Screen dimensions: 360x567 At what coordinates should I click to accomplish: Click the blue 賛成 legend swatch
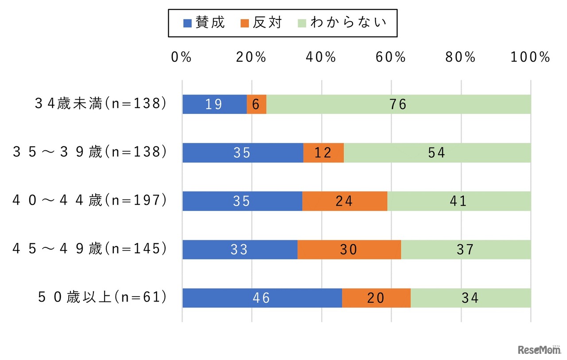187,23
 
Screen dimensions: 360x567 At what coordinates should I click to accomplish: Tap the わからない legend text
348,22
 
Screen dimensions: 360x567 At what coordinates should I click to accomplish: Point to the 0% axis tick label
182,57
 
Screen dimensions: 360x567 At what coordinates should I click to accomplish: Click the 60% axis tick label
391,57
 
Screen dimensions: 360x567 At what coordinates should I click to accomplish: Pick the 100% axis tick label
530,57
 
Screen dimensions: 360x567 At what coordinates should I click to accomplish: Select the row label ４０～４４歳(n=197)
90,201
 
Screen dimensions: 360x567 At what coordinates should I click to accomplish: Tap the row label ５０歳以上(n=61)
102,297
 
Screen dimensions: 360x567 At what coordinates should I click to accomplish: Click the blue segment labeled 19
214,104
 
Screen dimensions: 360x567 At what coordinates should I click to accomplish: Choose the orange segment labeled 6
256,104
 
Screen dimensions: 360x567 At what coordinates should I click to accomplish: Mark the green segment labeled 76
398,104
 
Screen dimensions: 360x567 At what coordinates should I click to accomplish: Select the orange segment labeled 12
323,153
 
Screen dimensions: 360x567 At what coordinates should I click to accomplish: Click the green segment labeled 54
437,153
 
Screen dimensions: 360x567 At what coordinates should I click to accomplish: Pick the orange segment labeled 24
345,201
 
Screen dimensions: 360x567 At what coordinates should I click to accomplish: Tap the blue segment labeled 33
240,250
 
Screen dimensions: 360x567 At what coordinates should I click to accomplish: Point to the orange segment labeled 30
349,250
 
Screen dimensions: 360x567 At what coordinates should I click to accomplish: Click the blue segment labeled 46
262,297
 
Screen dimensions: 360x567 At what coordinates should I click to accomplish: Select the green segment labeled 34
470,297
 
